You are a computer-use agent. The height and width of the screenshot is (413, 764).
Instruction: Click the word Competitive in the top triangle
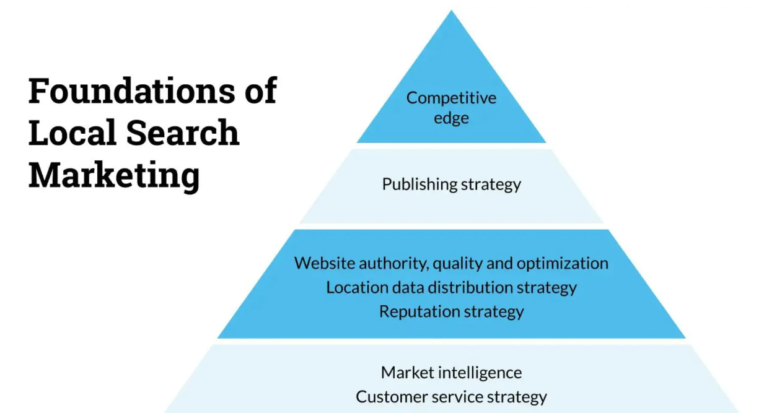point(451,98)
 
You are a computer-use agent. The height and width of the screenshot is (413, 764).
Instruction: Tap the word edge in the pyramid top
point(451,118)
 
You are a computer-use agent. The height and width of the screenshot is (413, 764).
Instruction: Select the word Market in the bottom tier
point(407,373)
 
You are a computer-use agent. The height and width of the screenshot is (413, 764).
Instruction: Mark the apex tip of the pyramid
point(452,12)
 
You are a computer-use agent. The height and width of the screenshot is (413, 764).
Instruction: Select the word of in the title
point(258,91)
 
